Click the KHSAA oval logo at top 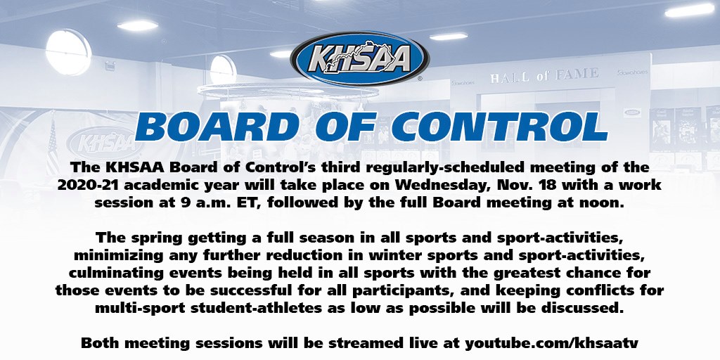360,58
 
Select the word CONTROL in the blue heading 500,127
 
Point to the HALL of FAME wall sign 544,75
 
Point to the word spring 154,239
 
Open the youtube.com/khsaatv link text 551,343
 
